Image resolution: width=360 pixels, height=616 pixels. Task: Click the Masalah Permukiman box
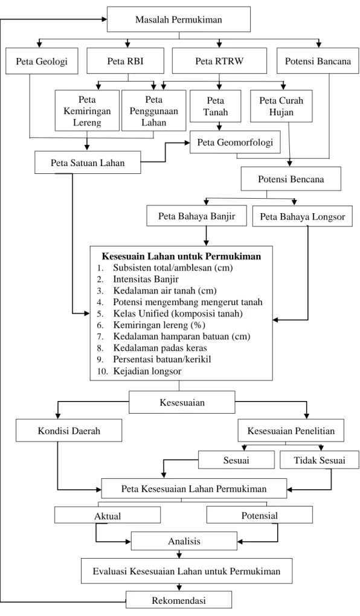179,19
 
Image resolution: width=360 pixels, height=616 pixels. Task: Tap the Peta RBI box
126,61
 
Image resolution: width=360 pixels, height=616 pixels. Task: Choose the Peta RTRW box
219,61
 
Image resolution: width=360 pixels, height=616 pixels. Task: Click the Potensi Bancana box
318,61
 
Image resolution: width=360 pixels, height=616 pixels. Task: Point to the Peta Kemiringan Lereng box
87,111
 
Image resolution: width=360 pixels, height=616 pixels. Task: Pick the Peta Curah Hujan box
281,106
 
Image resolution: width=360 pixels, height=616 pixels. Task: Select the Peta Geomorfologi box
235,142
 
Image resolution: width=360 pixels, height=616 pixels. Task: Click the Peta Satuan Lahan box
88,162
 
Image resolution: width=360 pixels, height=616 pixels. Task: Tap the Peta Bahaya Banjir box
197,216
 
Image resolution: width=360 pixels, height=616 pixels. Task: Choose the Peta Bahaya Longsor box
303,216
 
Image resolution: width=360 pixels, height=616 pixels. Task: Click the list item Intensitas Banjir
146,280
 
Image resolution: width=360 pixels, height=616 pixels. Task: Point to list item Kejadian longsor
147,371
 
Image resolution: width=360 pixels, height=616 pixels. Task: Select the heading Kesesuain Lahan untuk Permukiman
182,257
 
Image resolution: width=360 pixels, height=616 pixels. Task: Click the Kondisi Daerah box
69,431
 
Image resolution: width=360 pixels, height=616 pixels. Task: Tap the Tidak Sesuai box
320,460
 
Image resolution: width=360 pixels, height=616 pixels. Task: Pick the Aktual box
108,515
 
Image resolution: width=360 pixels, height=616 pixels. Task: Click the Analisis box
184,541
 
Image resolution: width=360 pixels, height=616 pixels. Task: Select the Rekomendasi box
179,600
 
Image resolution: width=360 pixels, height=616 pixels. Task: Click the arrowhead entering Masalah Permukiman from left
104,19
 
